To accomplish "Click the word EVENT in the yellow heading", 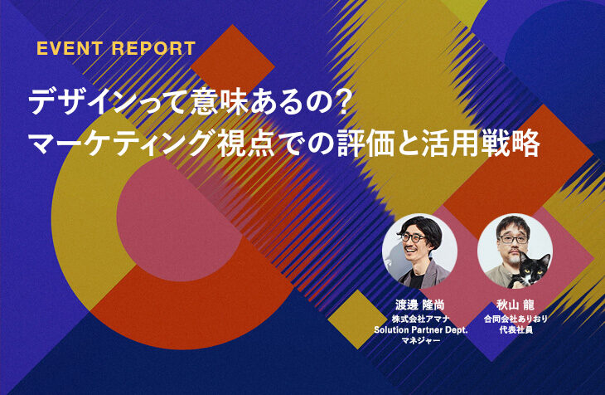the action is [69, 49].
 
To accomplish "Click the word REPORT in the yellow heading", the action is [153, 49].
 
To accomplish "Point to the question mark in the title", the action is [341, 103].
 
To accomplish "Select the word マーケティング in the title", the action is [121, 144].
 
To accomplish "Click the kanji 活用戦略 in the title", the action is [481, 144].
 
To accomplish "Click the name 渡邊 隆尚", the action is [420, 305].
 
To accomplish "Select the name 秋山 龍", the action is [515, 305].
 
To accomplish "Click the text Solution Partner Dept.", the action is [420, 329].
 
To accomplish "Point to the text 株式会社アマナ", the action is [420, 319].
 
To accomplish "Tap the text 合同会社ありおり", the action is [515, 319].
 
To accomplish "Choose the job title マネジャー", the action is [420, 340].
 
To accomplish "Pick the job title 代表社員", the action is [515, 329].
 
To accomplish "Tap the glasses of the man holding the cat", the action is [514, 239].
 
